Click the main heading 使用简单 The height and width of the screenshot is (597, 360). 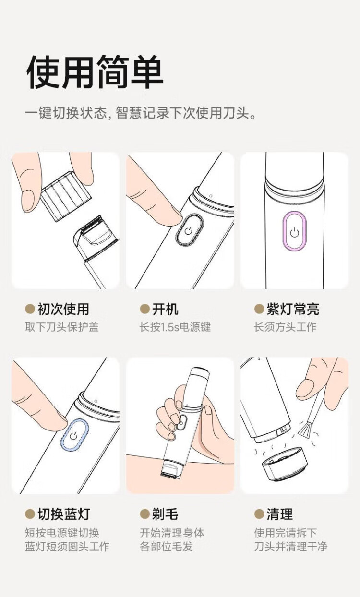95,72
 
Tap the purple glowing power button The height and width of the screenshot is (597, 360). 294,232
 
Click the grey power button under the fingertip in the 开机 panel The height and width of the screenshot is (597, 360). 189,229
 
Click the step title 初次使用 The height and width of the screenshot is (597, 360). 63,309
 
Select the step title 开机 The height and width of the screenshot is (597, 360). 165,309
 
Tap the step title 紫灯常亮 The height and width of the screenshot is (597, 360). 292,309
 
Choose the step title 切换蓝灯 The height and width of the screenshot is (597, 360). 64,514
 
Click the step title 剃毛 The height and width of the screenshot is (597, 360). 165,514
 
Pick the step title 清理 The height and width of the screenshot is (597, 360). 280,514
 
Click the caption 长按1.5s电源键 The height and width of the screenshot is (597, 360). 175,327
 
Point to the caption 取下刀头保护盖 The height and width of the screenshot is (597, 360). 62,327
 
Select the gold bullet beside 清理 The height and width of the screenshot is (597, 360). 259,514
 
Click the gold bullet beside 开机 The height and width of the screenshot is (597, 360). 144,309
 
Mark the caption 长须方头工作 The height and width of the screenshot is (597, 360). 285,327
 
